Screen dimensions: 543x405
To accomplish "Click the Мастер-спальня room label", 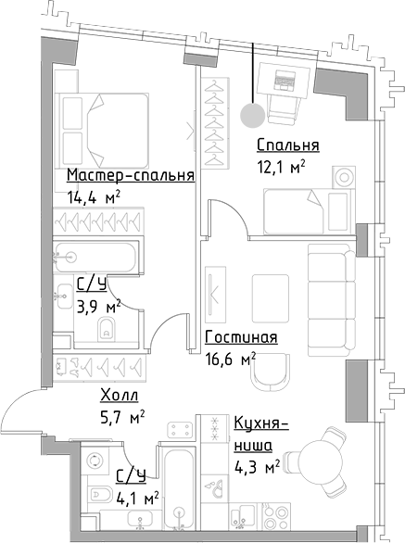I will [x=130, y=175].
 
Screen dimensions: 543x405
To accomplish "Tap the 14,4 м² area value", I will [x=95, y=196].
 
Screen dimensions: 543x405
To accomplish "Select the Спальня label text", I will [x=288, y=145].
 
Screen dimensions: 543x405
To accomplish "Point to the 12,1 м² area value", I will [x=282, y=167].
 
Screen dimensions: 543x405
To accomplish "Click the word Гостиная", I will [x=241, y=338].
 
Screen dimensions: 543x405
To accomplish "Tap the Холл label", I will [x=120, y=396].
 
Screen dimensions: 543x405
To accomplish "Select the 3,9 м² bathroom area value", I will [x=98, y=305].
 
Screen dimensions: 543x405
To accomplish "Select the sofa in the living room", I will [x=331, y=286].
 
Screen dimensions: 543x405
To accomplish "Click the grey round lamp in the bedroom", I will [x=250, y=114].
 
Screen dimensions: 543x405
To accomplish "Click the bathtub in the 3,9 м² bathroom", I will [x=95, y=254].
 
